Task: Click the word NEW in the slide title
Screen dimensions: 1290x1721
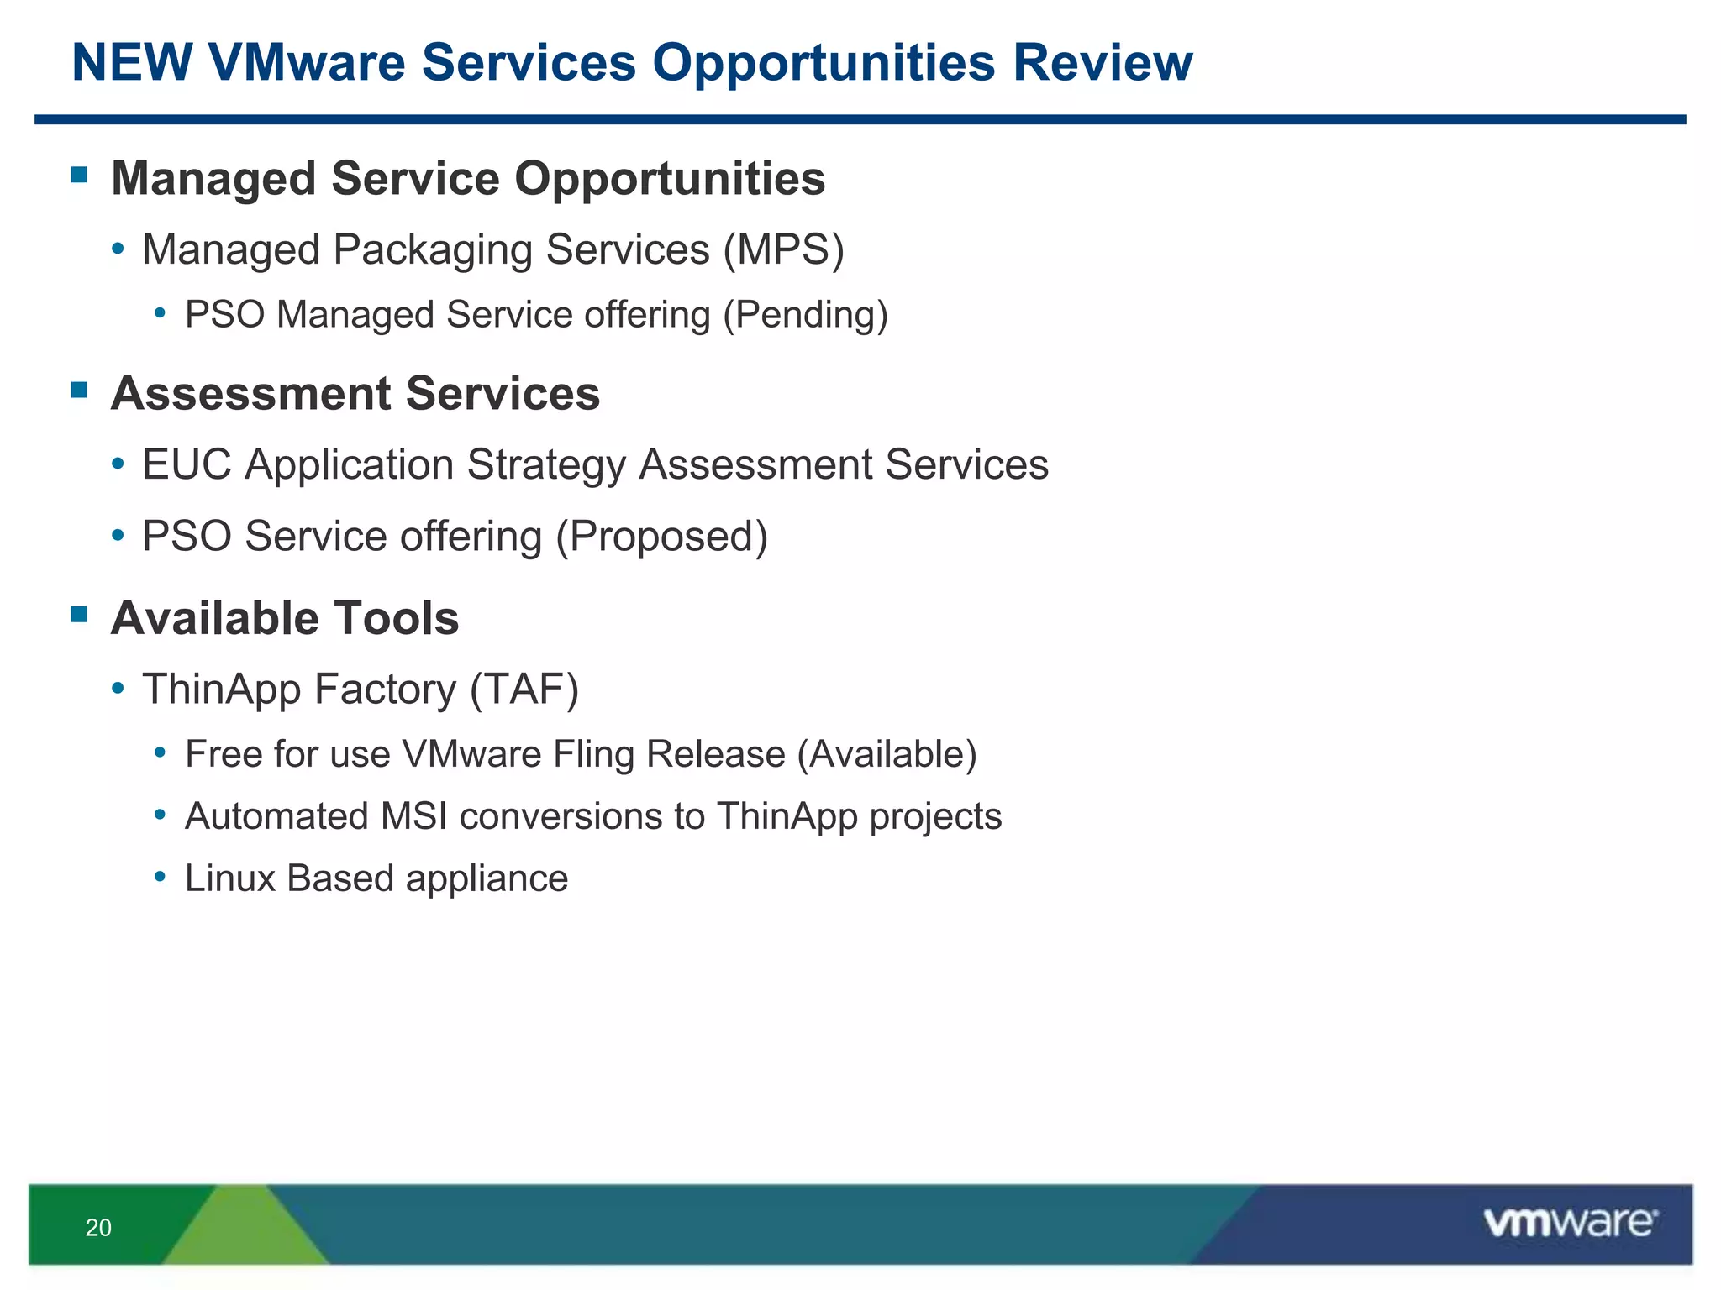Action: click(x=132, y=63)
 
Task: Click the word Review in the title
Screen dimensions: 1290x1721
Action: click(x=1103, y=63)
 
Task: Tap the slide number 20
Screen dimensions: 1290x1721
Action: click(x=98, y=1228)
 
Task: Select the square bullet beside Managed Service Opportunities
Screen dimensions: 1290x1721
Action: click(x=80, y=175)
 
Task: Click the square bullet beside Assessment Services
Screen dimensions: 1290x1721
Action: click(x=80, y=390)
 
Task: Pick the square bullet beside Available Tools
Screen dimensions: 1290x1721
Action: click(x=80, y=615)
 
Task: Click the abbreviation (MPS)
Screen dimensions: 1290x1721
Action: click(x=783, y=250)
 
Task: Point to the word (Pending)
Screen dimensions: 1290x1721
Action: click(x=805, y=316)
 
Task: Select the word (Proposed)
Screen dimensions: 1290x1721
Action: click(x=661, y=537)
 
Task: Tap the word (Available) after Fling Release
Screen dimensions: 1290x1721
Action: click(x=887, y=754)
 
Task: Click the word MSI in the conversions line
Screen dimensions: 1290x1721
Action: click(x=413, y=816)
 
